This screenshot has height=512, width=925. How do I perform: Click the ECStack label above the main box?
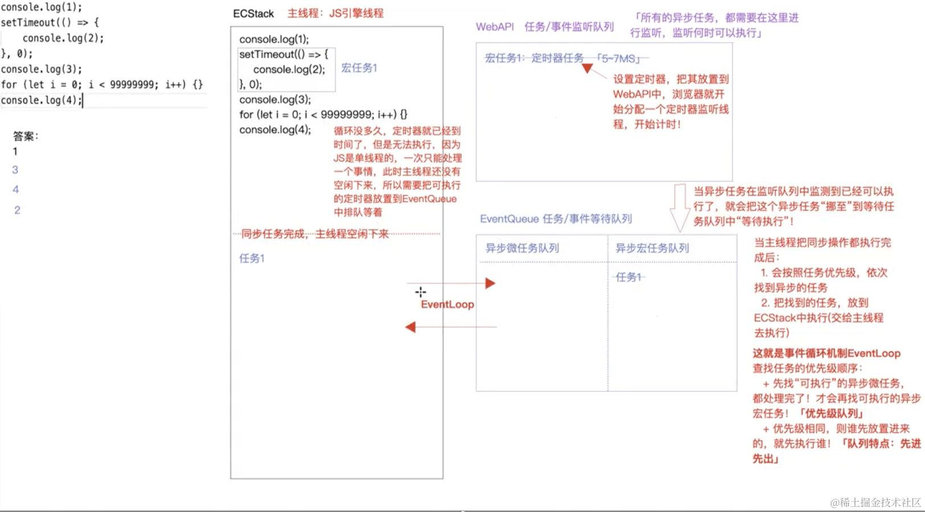coord(253,14)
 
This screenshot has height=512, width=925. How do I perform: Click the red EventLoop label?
coord(447,304)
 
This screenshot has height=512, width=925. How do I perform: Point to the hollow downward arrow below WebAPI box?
coord(680,207)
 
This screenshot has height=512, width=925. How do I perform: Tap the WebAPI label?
coord(494,27)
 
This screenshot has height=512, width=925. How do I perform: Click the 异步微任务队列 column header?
coord(522,248)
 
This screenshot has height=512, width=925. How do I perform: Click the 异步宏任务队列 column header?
coord(652,248)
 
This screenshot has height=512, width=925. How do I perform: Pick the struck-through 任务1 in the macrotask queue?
coord(629,277)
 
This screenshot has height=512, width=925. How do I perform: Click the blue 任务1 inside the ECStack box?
coord(252,258)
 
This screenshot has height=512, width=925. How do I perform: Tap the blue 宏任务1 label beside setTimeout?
coord(359,68)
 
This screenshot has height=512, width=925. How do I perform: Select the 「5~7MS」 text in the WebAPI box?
coord(619,58)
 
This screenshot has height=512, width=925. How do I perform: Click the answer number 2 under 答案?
coord(17,210)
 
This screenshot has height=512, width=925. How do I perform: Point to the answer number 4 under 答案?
coord(15,189)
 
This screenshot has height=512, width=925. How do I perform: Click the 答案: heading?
coord(26,136)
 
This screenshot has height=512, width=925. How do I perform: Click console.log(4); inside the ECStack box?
coord(275,130)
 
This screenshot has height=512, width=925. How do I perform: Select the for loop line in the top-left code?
coord(101,85)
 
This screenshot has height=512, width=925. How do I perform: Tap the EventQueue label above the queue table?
coord(555,219)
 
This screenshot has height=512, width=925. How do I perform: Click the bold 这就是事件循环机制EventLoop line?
coord(826,353)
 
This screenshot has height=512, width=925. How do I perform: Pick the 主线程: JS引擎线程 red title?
coord(335,13)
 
